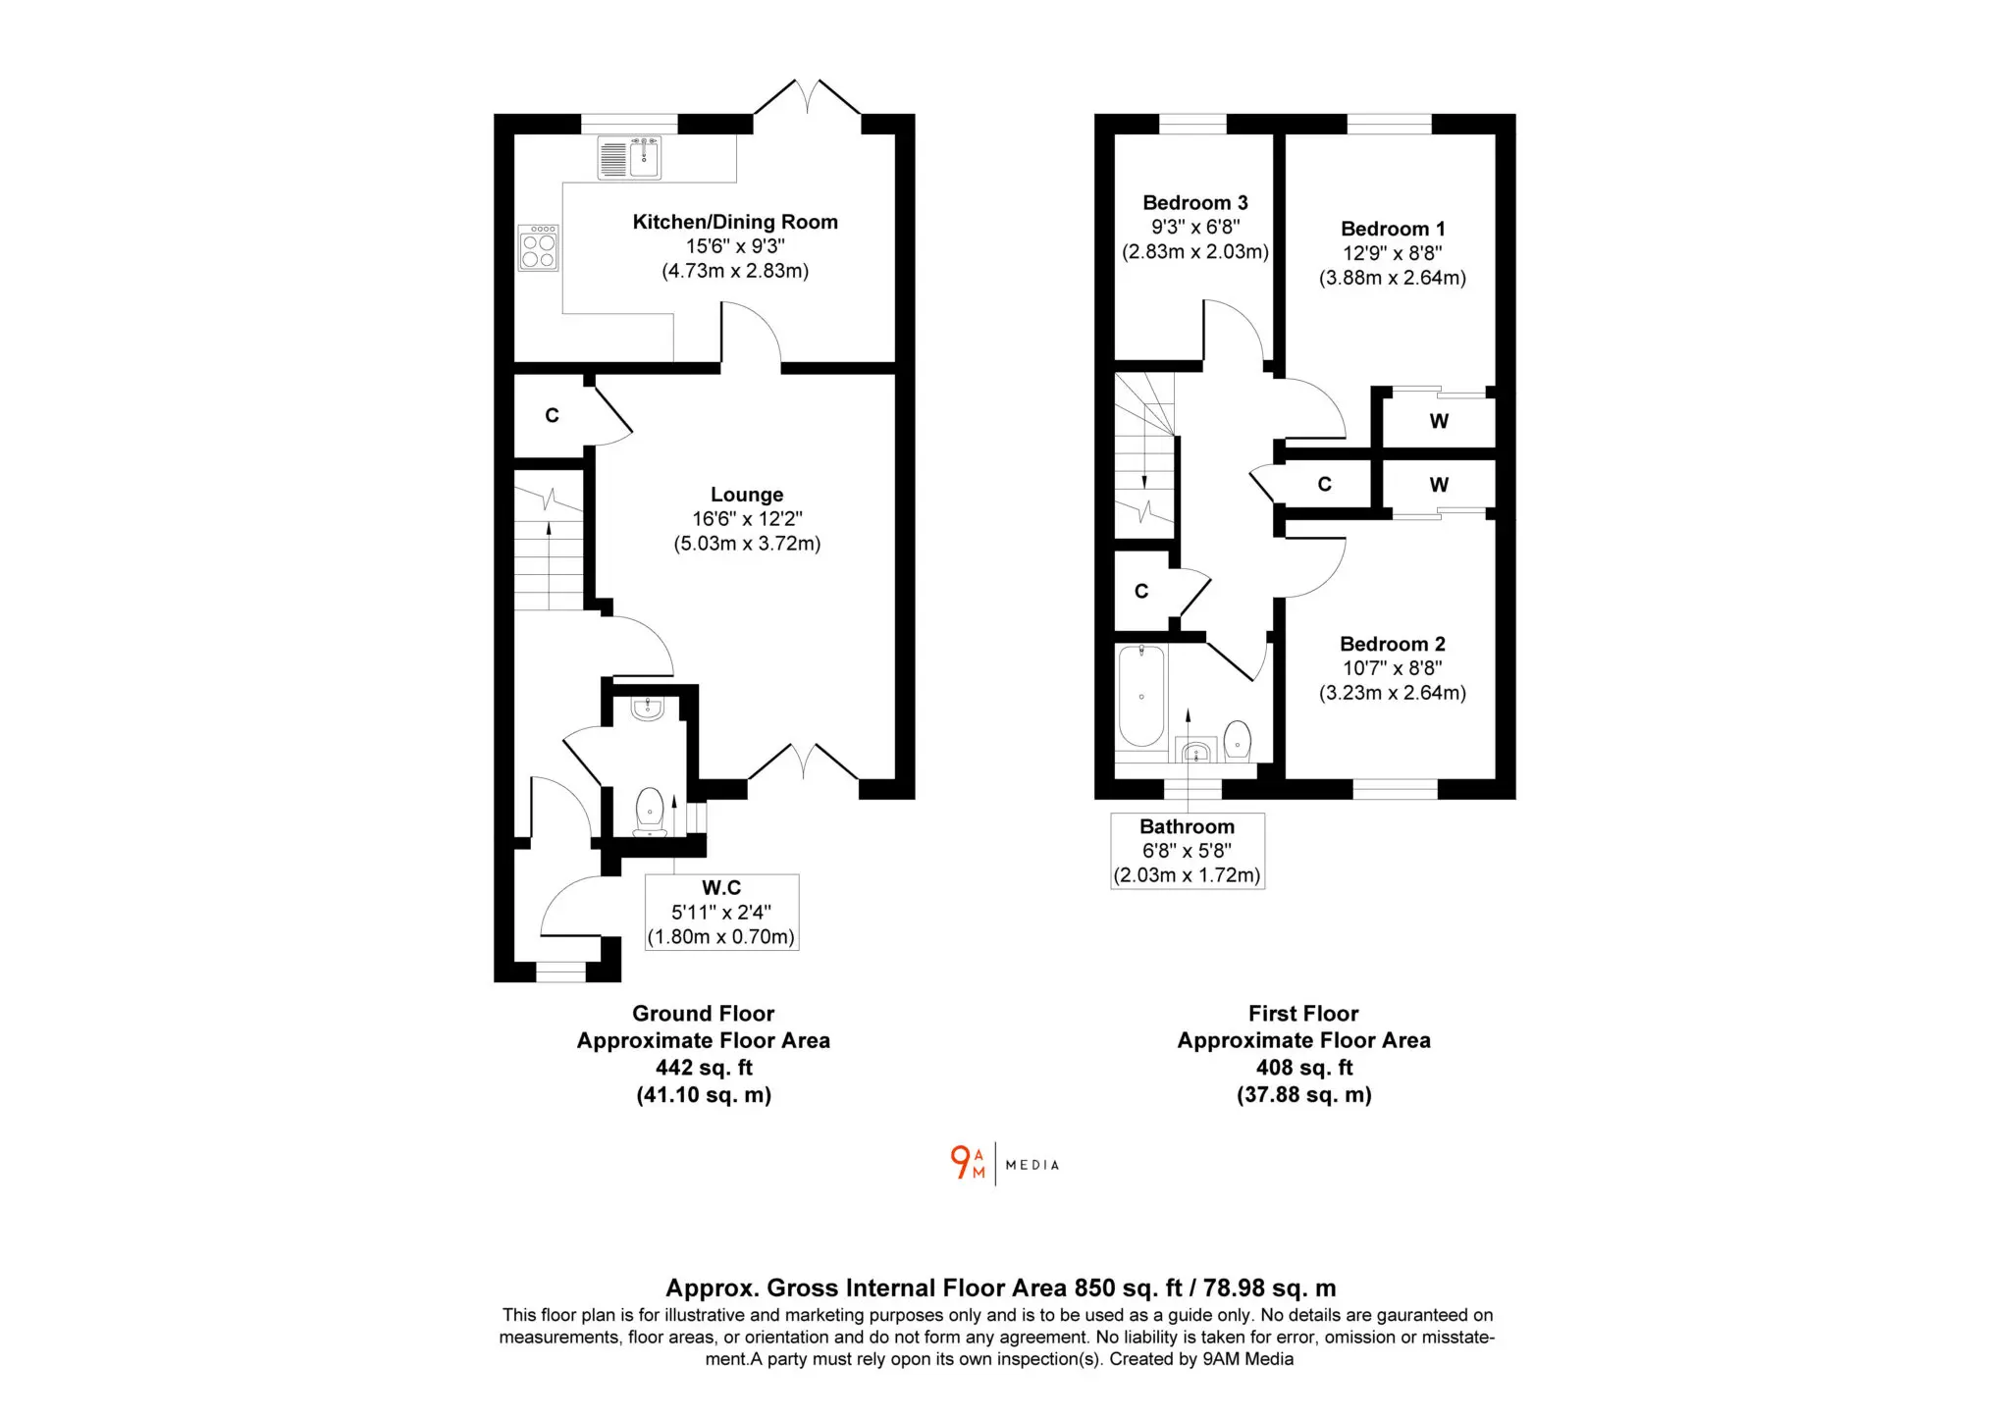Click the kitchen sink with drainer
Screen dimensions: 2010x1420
click(629, 157)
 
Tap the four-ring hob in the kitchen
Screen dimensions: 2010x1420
click(539, 247)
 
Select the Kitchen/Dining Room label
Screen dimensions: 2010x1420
click(735, 222)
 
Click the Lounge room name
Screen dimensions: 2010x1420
click(747, 495)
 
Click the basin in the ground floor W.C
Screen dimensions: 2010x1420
click(648, 709)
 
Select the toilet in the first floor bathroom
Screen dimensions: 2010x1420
click(1238, 741)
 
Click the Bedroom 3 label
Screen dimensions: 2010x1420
click(1195, 203)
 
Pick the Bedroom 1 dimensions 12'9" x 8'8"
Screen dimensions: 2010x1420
click(1393, 253)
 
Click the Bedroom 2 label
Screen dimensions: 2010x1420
click(1393, 645)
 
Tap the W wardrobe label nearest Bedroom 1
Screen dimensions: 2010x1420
click(1439, 421)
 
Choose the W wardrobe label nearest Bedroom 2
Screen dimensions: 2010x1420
click(1439, 485)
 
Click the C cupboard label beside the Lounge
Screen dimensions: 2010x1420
click(552, 416)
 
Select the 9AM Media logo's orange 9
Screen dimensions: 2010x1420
click(960, 1162)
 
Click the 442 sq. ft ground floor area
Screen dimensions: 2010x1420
click(704, 1068)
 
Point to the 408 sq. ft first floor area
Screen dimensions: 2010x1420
click(1304, 1068)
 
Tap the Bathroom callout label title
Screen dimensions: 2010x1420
click(1188, 827)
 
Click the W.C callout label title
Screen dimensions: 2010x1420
click(721, 888)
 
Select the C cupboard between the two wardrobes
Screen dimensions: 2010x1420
click(1324, 484)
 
